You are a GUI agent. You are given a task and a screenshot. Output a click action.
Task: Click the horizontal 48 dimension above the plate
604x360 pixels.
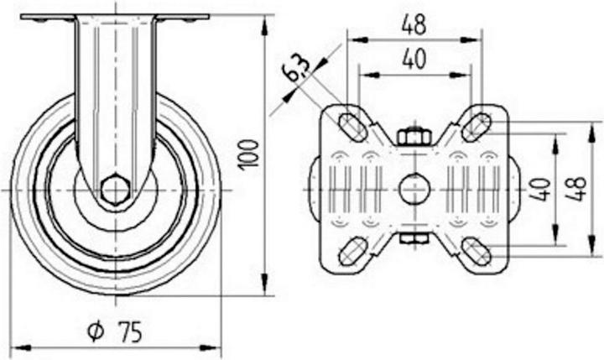tap(414, 25)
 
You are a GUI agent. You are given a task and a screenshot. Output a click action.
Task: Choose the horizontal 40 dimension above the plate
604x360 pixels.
tap(414, 60)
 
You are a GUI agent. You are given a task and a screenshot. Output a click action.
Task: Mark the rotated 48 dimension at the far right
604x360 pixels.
tap(580, 189)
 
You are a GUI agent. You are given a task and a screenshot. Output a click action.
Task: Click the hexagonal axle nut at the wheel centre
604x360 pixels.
tap(115, 190)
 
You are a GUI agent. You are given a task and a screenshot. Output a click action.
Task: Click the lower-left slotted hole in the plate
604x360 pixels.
tap(351, 251)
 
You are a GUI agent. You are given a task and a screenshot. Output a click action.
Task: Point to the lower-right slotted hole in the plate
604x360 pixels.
tap(476, 250)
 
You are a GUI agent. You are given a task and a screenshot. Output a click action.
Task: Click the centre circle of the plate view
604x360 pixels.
tap(413, 189)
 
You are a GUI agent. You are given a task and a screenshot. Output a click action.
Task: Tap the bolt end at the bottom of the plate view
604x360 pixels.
tap(413, 241)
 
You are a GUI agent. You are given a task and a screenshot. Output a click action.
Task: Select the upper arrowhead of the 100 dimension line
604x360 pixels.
tap(267, 23)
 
